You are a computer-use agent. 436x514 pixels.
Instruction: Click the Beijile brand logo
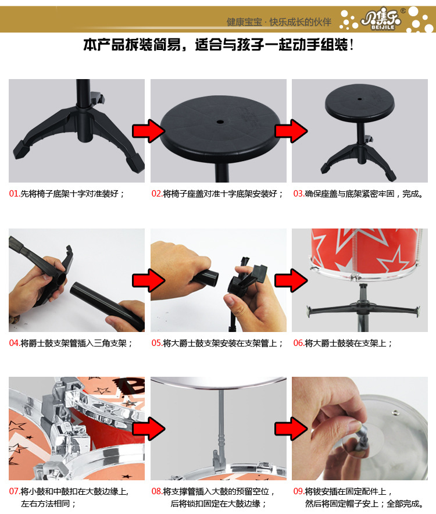click(x=381, y=20)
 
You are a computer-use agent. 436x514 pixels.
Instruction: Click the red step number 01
click(x=15, y=194)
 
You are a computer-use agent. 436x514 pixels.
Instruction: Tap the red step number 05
click(x=157, y=343)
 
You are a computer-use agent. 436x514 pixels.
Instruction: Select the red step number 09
click(x=299, y=491)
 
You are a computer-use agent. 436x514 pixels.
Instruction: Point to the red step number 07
click(x=15, y=491)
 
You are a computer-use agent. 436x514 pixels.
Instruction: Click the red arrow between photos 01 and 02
click(x=148, y=131)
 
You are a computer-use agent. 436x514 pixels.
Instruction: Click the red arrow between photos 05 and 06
click(x=291, y=280)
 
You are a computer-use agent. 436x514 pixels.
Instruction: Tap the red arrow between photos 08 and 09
click(x=291, y=429)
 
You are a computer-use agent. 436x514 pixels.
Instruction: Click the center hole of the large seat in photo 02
click(x=220, y=122)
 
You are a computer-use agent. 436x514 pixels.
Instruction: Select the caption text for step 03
click(x=364, y=194)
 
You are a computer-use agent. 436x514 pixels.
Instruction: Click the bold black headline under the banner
click(x=219, y=45)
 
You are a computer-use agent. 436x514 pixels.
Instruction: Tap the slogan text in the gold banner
click(x=278, y=22)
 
